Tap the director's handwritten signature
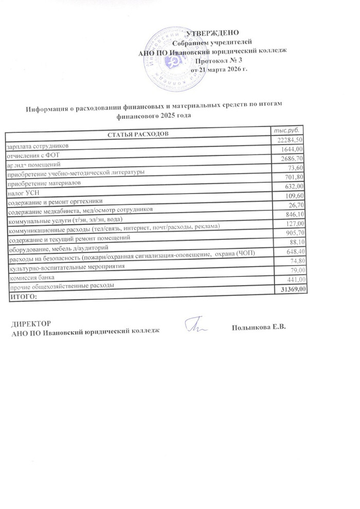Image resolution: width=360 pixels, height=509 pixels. tap(196, 325)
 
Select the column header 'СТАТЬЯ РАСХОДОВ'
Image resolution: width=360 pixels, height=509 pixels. tap(137, 134)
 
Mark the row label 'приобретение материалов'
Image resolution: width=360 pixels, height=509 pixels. tap(43, 183)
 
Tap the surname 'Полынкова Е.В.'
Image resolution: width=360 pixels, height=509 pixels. tap(258, 327)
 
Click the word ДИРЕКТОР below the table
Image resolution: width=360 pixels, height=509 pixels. tap(31, 324)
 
